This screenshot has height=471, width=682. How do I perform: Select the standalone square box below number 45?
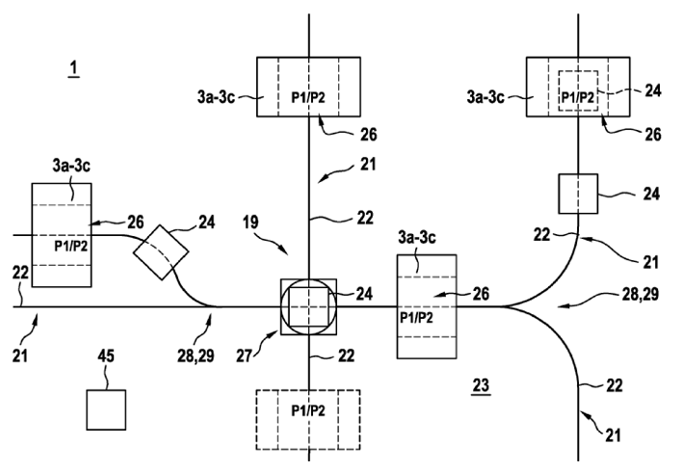106,409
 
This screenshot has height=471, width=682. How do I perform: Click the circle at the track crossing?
308,307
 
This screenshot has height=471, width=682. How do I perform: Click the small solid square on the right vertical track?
579,194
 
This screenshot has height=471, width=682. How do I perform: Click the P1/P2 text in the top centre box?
308,96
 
